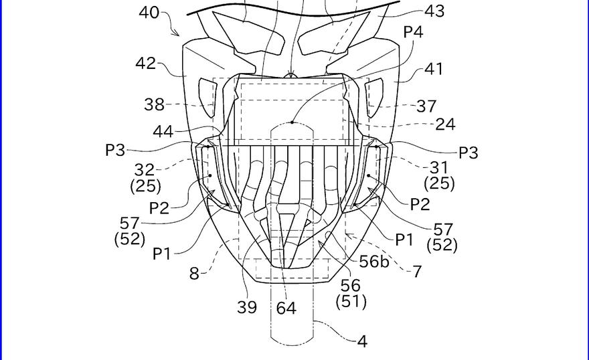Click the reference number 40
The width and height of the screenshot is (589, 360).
coord(150,13)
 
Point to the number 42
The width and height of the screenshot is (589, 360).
coord(145,64)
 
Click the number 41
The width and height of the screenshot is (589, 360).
coord(433,68)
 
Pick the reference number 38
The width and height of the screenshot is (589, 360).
coord(154,104)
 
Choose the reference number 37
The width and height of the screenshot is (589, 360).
coord(426,106)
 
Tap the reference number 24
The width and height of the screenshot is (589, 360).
coord(445,124)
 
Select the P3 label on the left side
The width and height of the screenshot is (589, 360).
coord(115,151)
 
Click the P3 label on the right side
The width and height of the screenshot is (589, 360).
coord(469,153)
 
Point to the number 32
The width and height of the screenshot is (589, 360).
coord(145,170)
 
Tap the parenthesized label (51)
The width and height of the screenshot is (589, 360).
coord(351,302)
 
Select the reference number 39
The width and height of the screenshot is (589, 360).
coord(248,307)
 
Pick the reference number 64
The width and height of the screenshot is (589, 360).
coord(286,308)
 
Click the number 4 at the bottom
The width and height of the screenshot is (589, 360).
coord(362,341)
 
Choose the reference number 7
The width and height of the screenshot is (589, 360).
coord(416,272)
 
